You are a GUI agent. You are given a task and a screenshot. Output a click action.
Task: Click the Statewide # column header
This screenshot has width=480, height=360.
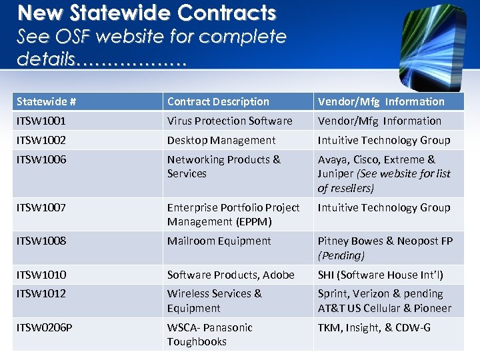coord(46,101)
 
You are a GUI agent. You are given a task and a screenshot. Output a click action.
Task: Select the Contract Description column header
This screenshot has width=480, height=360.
coord(218,101)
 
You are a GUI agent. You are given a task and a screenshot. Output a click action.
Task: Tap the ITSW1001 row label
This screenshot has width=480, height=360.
coord(41,121)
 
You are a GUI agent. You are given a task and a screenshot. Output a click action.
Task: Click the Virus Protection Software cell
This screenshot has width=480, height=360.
coord(229,121)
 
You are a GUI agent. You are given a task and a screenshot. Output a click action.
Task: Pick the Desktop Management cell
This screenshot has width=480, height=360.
coord(221,140)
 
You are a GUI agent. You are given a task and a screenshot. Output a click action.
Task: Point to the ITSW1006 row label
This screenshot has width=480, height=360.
coord(41,159)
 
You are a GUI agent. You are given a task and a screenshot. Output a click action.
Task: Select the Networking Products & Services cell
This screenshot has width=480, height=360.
coord(224,167)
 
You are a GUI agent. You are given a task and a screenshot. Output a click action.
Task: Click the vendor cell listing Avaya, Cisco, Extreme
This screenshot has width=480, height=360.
coord(384,173)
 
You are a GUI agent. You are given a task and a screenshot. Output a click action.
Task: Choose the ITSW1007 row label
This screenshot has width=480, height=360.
coord(41,207)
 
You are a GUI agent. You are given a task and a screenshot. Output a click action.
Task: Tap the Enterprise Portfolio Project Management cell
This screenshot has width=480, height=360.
coord(233,214)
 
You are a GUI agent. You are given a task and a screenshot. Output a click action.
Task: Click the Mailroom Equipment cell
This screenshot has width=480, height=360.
coord(219,241)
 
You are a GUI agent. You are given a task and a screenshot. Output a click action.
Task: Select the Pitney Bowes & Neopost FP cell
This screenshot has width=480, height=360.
coord(384,247)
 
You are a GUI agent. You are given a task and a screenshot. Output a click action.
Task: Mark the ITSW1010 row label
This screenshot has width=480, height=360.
coord(41,274)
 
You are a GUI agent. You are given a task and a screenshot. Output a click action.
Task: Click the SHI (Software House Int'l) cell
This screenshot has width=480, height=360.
coord(380,274)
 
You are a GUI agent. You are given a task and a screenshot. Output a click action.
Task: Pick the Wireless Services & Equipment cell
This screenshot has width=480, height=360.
coord(215,300)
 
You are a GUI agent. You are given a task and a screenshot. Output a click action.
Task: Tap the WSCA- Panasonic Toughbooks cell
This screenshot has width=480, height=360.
coord(210,334)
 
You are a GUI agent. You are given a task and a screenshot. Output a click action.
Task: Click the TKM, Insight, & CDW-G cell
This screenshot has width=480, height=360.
coord(374,327)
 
